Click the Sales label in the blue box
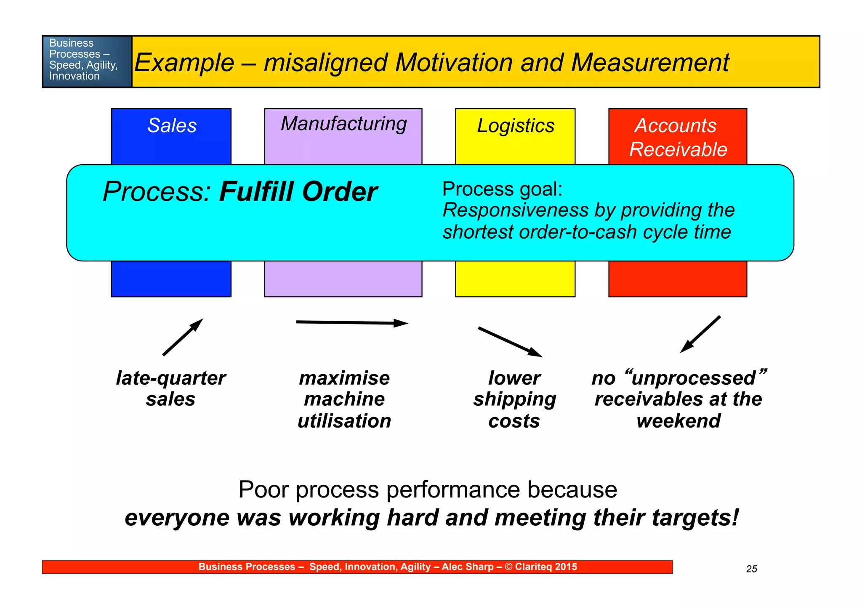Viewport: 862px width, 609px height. [172, 125]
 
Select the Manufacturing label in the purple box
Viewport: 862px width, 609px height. [343, 124]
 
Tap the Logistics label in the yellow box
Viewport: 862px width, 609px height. [515, 125]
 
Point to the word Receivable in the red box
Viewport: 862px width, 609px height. [678, 149]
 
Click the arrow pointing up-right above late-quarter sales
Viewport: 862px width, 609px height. [183, 337]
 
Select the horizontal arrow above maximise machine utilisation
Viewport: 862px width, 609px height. [352, 323]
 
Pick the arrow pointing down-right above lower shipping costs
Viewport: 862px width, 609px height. [510, 342]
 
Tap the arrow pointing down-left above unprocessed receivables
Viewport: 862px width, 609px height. [700, 334]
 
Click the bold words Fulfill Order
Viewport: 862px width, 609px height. [298, 192]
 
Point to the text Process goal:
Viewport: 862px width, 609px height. [502, 189]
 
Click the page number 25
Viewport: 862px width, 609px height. [751, 569]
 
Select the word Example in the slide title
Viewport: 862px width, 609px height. [184, 63]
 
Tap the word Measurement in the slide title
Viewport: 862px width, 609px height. [650, 63]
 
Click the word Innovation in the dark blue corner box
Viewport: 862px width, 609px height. [74, 76]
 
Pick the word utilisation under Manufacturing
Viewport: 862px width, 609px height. [344, 421]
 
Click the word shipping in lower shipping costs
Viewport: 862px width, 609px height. [514, 399]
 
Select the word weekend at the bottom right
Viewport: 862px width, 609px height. [678, 421]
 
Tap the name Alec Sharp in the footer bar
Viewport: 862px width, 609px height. [467, 567]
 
